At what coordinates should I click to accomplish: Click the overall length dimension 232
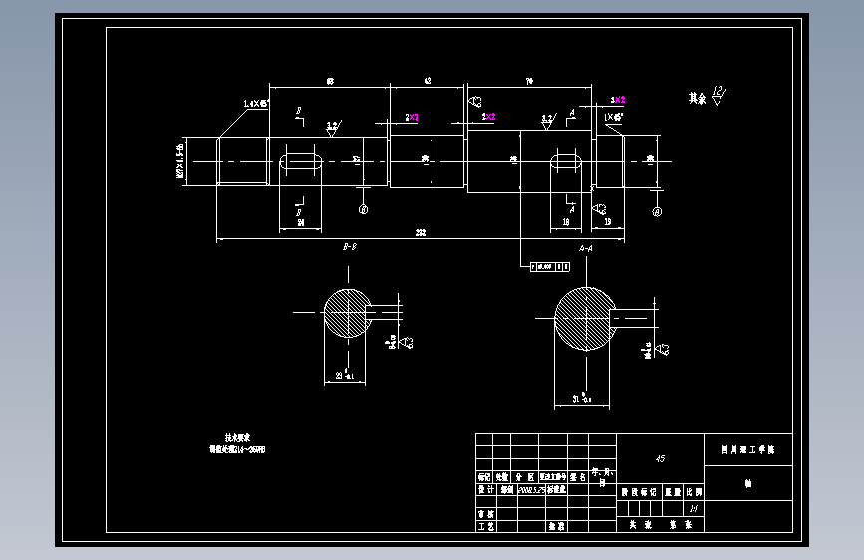click(x=421, y=233)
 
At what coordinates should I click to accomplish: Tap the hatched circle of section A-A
click(x=584, y=319)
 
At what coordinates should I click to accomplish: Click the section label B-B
click(x=350, y=246)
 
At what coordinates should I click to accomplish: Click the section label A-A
click(x=585, y=246)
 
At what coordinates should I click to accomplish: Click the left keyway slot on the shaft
click(x=300, y=160)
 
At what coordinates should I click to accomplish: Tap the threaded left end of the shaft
click(x=243, y=160)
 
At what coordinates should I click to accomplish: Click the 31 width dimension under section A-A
click(x=580, y=399)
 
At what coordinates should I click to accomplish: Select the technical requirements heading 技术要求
click(x=236, y=437)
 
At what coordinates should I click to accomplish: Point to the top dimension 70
click(x=528, y=80)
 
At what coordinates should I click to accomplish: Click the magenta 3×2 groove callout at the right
click(x=618, y=100)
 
